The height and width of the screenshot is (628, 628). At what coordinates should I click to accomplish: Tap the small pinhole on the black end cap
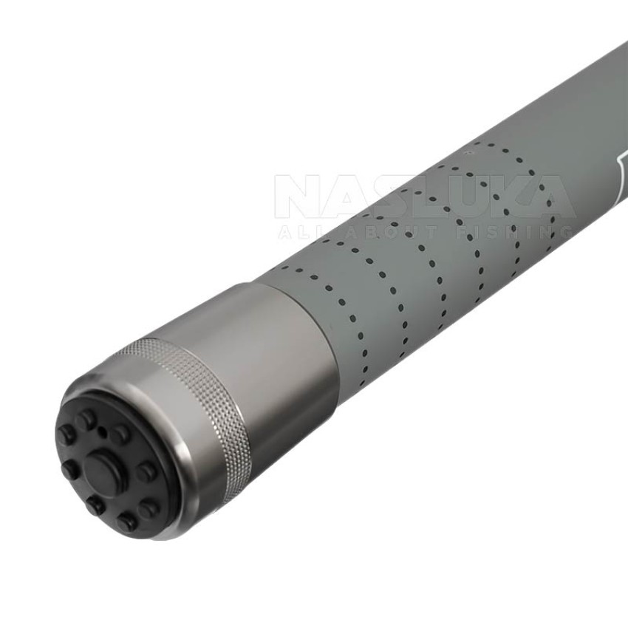pos(102,431)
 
